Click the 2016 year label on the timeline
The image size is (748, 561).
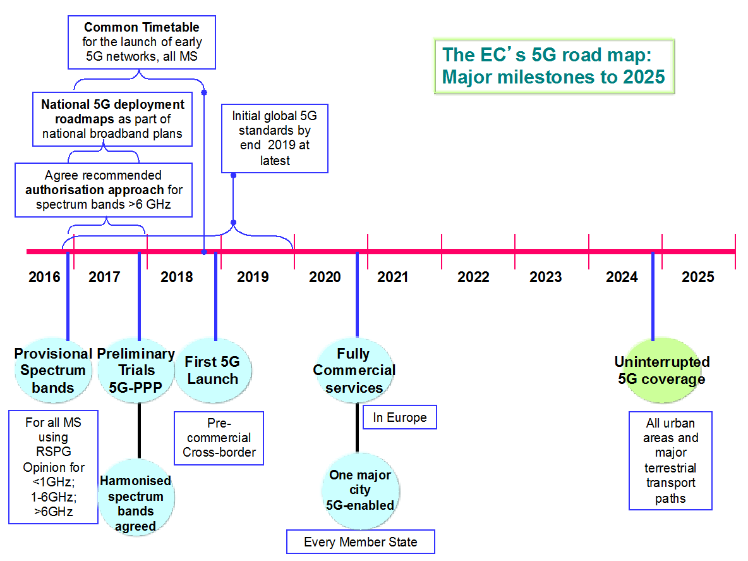coord(44,277)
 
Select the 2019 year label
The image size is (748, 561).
coord(253,277)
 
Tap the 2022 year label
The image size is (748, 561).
coord(473,277)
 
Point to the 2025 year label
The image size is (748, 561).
coord(698,277)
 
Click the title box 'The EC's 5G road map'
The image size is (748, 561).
coord(554,66)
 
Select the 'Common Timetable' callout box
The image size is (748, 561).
coord(142,42)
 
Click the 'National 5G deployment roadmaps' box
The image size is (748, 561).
coord(112,119)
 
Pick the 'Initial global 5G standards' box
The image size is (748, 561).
coord(275,139)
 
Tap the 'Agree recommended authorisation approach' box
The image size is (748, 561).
coord(104,190)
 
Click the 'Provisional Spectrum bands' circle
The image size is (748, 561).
coord(53,371)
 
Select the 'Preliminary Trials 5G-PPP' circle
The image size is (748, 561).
coord(136,371)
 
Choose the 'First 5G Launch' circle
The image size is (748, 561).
coord(213,371)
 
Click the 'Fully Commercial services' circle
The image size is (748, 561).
coord(354,371)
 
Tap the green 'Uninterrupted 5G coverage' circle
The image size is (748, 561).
coord(662,371)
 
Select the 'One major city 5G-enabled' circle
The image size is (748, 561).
coord(360,491)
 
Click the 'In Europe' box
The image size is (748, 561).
coord(400,417)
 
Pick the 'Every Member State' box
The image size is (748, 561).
coord(361,542)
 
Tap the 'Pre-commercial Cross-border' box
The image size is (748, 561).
coord(219,438)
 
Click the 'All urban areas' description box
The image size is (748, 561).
coord(670,460)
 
